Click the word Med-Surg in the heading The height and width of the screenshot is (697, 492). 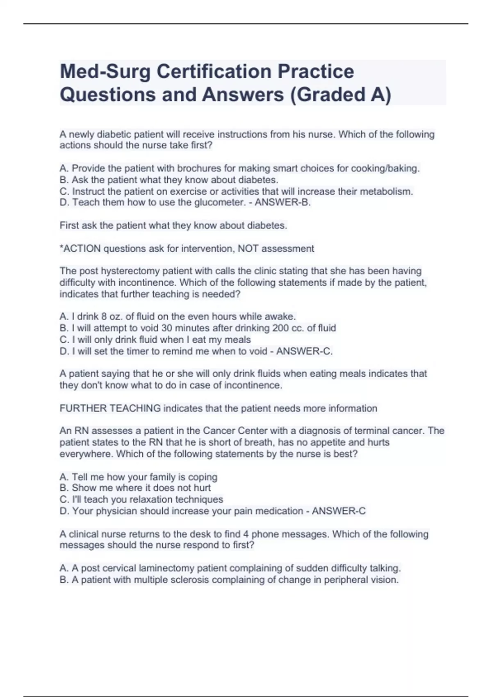[x=105, y=71]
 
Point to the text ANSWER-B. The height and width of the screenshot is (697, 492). [x=282, y=203]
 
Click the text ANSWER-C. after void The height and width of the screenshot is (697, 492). [x=304, y=351]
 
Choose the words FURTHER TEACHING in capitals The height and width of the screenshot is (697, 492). [x=110, y=408]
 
